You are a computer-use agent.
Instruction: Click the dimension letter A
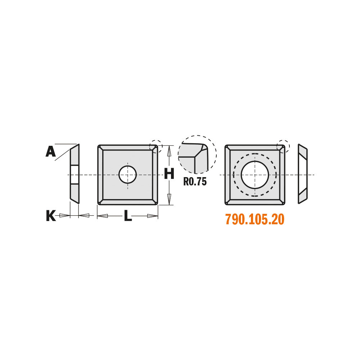(x=50, y=152)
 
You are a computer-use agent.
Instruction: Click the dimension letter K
(x=51, y=216)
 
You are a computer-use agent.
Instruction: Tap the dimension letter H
(x=169, y=174)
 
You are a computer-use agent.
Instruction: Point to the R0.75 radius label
(x=195, y=181)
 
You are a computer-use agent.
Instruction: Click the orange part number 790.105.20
(x=255, y=219)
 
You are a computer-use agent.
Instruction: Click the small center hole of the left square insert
(x=128, y=175)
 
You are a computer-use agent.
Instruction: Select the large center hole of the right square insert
(x=255, y=175)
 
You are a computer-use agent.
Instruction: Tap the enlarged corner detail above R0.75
(x=197, y=154)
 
